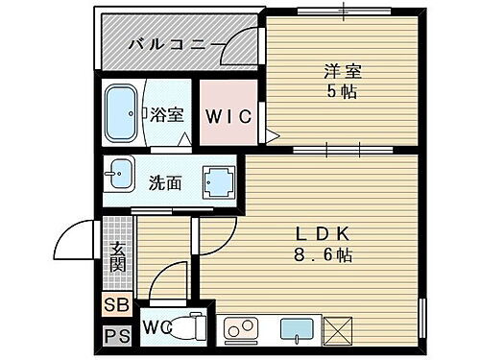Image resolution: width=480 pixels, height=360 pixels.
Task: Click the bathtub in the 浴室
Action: (123, 114)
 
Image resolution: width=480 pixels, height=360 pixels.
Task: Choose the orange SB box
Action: (114, 307)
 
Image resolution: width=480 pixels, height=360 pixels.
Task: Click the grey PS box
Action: (114, 337)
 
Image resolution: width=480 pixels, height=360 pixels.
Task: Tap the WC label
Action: (156, 326)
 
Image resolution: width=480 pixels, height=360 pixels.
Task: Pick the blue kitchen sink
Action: (298, 330)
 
